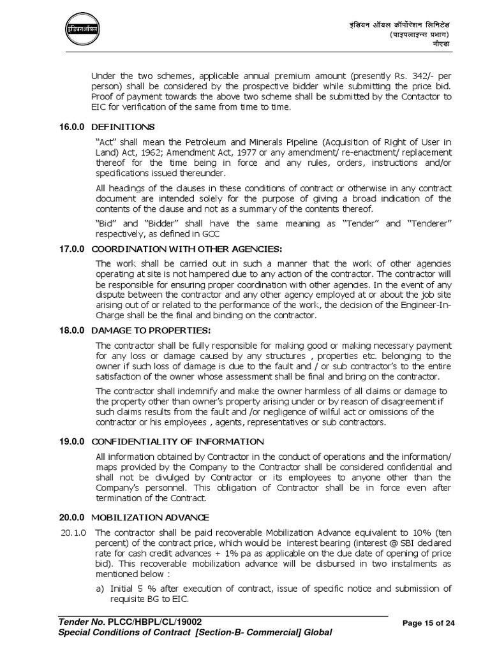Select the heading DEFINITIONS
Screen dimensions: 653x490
coord(123,127)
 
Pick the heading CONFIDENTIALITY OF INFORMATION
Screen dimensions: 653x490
coord(169,441)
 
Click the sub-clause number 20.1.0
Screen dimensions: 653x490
coord(75,532)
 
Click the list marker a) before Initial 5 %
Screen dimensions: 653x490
coord(100,588)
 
